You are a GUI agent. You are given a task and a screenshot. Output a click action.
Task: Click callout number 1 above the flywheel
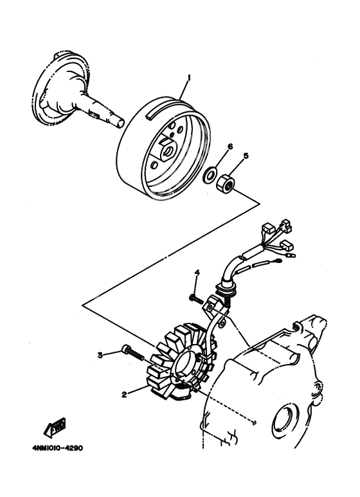tap(188, 77)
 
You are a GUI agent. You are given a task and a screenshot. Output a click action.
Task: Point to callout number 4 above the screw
tap(197, 273)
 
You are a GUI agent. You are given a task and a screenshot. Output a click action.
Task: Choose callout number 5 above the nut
tap(245, 154)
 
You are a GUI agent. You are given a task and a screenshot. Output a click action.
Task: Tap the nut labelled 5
tap(227, 183)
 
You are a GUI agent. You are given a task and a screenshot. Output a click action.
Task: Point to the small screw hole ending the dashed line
tap(256, 422)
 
